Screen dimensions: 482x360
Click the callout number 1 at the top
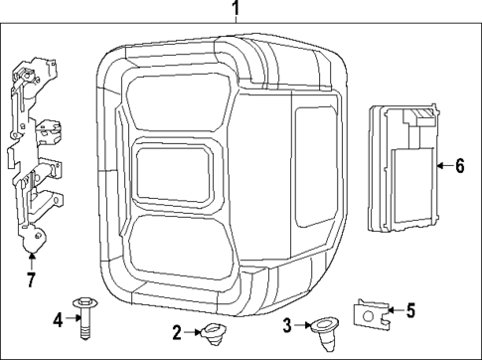click(x=236, y=8)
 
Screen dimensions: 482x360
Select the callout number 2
click(x=177, y=332)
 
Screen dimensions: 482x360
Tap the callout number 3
click(x=287, y=325)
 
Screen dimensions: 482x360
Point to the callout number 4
click(x=58, y=320)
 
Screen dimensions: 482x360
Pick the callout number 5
click(x=410, y=310)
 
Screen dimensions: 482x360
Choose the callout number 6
click(x=459, y=166)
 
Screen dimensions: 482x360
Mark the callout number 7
click(x=31, y=279)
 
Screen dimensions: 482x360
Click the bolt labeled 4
click(x=84, y=318)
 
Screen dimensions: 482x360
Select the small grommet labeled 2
click(x=213, y=334)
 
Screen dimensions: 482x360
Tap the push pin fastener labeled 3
click(x=325, y=332)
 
